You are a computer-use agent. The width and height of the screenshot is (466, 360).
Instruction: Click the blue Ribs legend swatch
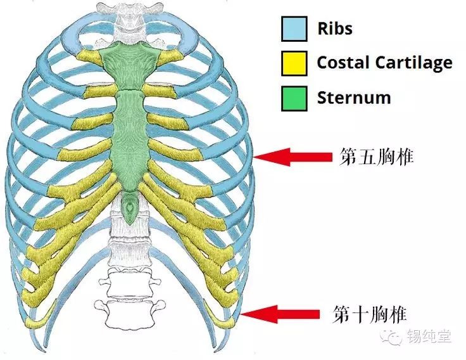[294, 29]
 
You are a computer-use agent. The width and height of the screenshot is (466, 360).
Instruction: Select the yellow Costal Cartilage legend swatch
[294, 63]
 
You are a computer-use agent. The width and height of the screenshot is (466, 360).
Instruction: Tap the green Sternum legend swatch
[294, 98]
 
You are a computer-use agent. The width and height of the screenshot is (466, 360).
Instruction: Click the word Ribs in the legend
[335, 29]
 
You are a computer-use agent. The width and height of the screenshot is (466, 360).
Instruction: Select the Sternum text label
[353, 98]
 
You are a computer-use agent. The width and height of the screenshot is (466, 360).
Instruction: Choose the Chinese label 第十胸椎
[370, 313]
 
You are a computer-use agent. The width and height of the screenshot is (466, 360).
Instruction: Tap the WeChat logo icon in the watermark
[395, 336]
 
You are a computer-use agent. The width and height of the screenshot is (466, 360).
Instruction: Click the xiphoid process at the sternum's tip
[130, 207]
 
